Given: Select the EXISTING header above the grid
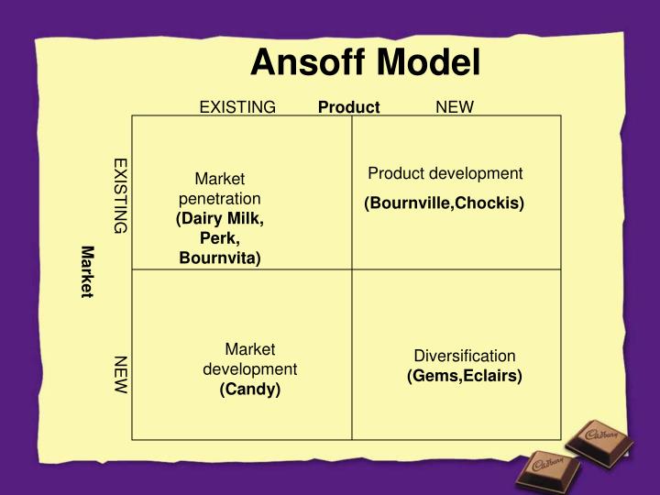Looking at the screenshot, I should point(237,107).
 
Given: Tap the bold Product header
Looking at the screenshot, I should point(348,107).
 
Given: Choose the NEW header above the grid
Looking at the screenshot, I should point(455,107).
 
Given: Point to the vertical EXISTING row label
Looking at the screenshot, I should point(121,195).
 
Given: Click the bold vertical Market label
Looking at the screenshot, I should point(87,271).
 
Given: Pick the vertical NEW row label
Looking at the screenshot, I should point(121,375).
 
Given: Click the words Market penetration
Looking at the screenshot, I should point(220,188).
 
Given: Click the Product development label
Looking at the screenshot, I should point(445,173).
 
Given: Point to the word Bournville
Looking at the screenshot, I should point(410,203).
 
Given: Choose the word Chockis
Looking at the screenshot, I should point(491,203).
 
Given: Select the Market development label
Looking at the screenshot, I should point(249,358).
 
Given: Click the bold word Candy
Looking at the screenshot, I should point(249,390).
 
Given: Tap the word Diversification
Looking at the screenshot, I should point(465,356).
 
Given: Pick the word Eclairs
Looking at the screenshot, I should point(492,376).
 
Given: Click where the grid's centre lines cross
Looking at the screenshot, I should point(352,269).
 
